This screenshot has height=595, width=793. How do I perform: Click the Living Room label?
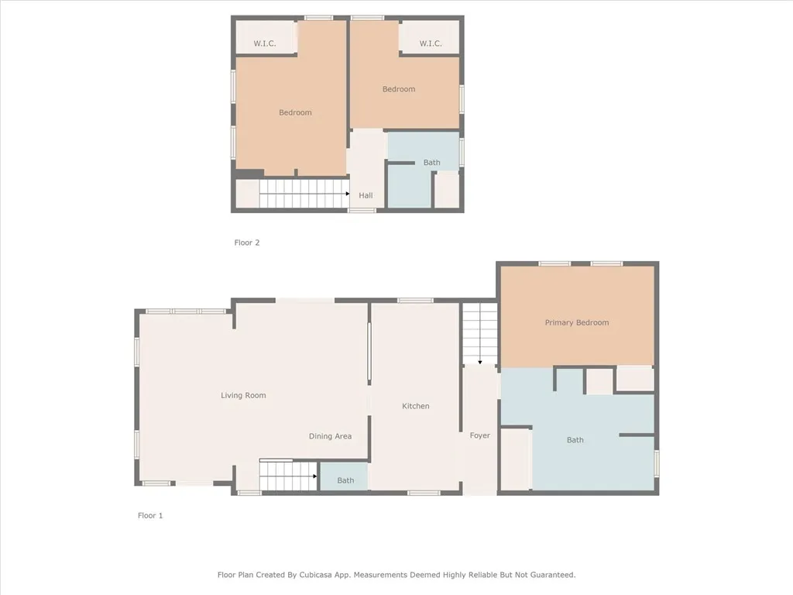(x=243, y=395)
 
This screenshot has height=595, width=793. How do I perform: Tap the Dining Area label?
(x=330, y=436)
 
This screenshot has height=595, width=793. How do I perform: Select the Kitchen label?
(x=415, y=406)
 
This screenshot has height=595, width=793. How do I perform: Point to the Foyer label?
(x=479, y=435)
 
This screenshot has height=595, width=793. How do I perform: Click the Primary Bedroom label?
(x=576, y=322)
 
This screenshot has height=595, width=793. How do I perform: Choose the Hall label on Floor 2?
(x=366, y=195)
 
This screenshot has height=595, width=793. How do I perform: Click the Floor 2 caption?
(x=247, y=242)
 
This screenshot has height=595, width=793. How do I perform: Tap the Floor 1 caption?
(x=150, y=515)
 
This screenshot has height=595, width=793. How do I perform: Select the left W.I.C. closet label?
(x=265, y=43)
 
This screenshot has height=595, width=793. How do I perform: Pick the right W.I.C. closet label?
(x=431, y=43)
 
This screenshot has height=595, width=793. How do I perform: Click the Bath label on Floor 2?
(x=431, y=163)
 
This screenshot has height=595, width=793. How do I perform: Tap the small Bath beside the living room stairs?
(x=345, y=480)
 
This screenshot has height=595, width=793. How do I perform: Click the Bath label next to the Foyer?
(x=575, y=440)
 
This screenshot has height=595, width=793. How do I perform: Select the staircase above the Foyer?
(x=479, y=334)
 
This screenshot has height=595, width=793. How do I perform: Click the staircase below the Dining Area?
(x=288, y=476)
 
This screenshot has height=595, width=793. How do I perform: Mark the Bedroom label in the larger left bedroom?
(x=295, y=112)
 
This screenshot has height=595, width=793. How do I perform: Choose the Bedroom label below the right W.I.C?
(x=399, y=89)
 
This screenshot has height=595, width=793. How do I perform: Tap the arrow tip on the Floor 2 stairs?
(x=348, y=194)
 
